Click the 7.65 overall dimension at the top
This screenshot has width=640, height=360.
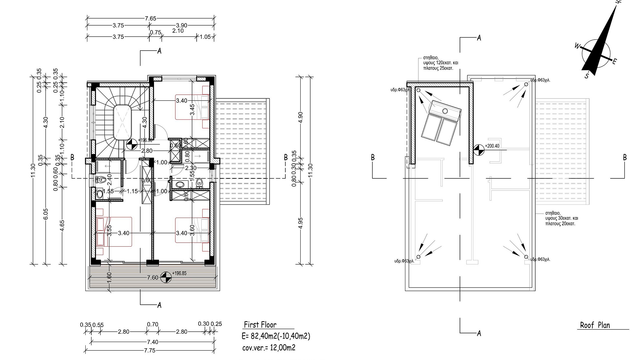click(151, 19)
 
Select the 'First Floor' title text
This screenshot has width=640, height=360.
click(260, 325)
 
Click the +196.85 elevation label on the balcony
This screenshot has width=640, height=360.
click(179, 273)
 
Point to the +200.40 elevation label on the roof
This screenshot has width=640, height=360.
click(492, 146)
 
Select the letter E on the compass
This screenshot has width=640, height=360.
click(615, 61)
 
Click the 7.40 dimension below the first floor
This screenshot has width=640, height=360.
click(153, 342)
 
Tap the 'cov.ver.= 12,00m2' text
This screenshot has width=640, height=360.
click(269, 348)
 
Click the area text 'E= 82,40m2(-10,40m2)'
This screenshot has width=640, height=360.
click(276, 336)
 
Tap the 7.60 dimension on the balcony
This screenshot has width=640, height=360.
click(153, 278)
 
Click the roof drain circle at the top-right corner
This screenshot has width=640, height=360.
click(526, 84)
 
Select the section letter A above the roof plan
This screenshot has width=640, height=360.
click(479, 38)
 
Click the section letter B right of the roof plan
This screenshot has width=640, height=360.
click(625, 157)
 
